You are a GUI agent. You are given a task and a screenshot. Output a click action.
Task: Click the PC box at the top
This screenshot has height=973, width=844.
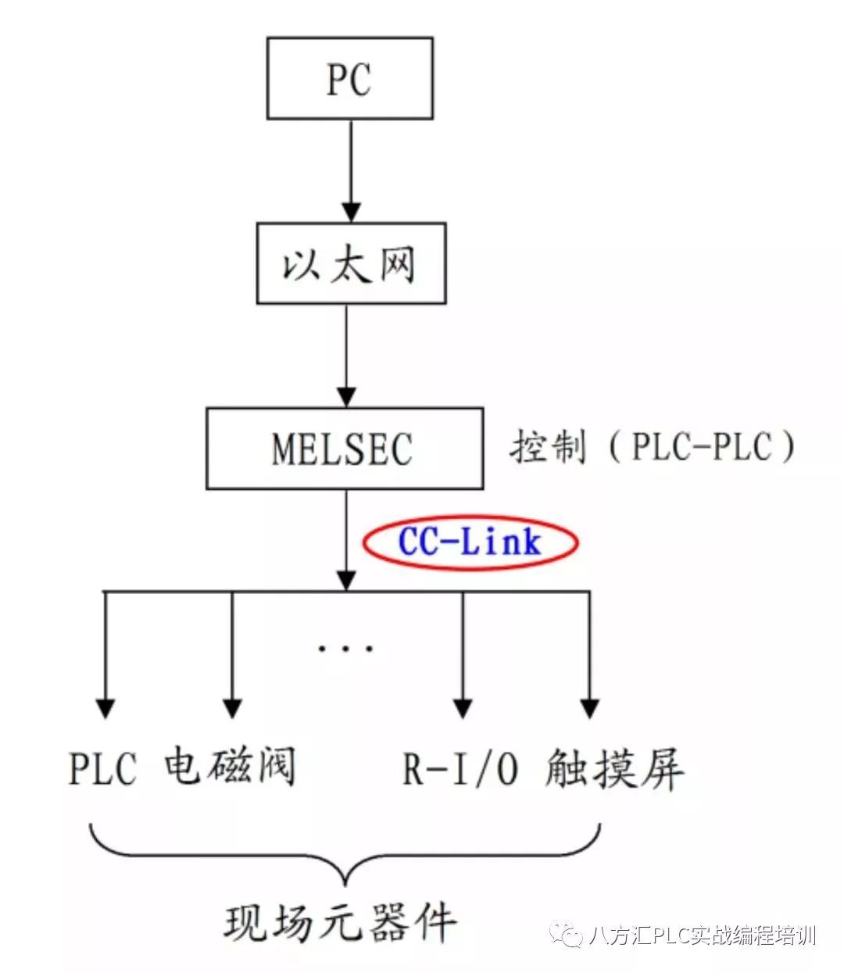349,78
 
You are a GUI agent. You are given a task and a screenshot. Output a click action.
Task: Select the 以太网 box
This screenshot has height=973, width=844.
351,263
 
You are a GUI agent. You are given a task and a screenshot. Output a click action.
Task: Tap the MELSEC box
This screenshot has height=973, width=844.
344,449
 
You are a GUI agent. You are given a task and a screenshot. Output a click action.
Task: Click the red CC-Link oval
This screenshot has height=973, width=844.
470,542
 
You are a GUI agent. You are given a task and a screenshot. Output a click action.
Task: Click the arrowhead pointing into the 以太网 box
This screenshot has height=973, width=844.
351,212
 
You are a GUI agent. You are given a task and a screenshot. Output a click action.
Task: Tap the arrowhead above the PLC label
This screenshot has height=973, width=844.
105,707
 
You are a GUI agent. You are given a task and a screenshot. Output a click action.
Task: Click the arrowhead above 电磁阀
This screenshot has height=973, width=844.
231,707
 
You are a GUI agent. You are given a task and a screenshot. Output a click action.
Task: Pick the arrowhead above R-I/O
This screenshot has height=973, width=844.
463,707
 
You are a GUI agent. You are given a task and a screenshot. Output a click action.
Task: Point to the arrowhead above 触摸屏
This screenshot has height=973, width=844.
589,707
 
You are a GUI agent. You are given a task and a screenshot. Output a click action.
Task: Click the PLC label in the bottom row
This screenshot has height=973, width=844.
102,768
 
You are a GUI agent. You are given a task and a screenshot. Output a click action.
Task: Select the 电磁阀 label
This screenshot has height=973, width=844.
230,767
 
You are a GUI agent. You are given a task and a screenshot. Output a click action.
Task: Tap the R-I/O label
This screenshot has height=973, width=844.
460,768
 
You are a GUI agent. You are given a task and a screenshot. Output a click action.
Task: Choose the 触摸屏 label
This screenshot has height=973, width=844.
614,768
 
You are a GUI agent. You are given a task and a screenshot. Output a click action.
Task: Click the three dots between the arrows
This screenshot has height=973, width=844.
345,648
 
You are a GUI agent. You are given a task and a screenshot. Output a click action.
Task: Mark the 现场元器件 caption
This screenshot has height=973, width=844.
341,922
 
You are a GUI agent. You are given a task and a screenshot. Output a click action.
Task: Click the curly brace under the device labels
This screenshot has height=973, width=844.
345,856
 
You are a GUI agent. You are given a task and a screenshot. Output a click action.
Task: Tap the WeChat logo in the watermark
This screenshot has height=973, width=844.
566,935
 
